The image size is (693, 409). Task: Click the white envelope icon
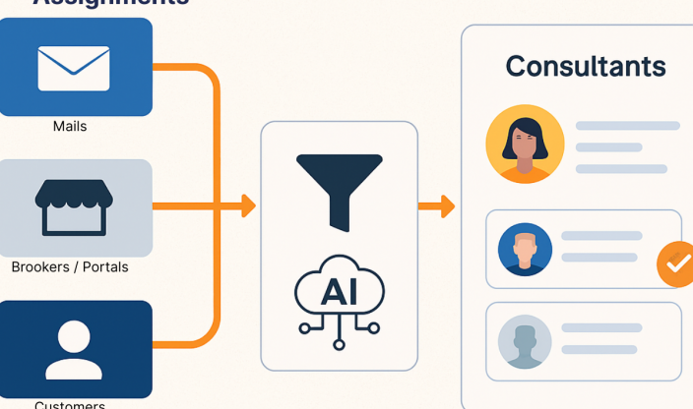click(x=74, y=68)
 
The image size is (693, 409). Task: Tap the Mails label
click(x=70, y=127)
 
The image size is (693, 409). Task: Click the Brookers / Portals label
click(x=70, y=267)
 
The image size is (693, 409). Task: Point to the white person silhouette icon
click(x=74, y=349)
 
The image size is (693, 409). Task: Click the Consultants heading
click(x=585, y=67)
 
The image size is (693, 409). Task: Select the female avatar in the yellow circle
click(x=525, y=144)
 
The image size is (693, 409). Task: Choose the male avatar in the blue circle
click(x=525, y=249)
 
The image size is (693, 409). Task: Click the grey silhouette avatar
click(x=525, y=341)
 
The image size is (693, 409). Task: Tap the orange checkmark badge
click(x=675, y=263)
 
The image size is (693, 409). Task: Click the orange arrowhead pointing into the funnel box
click(x=248, y=206)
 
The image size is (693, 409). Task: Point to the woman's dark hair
click(x=525, y=127)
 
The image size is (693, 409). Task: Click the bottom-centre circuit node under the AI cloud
click(x=339, y=344)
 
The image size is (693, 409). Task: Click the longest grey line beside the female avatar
click(x=627, y=126)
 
